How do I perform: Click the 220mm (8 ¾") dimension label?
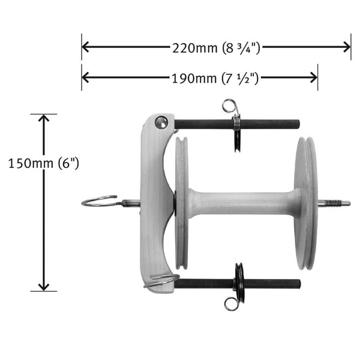[216, 48]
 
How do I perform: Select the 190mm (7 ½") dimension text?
[215, 78]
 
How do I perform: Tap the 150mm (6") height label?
[44, 164]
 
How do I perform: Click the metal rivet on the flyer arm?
[161, 122]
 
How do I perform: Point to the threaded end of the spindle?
[335, 203]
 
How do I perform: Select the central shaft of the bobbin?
[245, 204]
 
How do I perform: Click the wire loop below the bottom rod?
[231, 304]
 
